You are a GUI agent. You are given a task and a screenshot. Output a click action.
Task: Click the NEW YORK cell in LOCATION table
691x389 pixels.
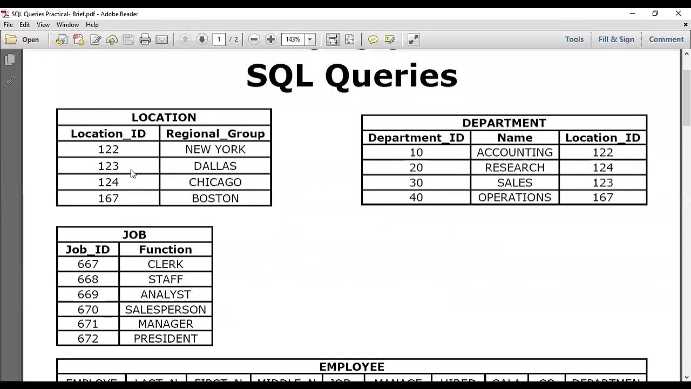pos(215,150)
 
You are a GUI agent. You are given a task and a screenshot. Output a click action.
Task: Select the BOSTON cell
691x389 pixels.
pos(215,198)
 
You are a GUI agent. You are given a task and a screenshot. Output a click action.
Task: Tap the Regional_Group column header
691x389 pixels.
pos(215,133)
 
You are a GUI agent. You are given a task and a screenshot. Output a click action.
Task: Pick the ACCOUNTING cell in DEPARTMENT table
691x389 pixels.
pos(514,152)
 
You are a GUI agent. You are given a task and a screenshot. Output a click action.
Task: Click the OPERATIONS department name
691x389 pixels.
pos(514,197)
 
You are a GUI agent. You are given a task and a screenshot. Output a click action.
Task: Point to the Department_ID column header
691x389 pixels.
pos(416,138)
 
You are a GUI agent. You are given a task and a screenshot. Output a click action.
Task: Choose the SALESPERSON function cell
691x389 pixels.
pos(165,310)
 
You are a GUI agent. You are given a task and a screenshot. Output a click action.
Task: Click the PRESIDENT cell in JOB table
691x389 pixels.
pos(165,339)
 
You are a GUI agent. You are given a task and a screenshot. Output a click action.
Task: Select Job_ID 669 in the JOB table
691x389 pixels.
pos(87,294)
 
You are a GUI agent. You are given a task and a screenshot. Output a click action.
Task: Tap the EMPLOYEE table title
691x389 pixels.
pos(351,367)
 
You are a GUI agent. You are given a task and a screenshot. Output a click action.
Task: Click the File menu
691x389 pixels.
pos(8,25)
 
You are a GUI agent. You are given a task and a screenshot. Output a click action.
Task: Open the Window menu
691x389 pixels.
pos(67,25)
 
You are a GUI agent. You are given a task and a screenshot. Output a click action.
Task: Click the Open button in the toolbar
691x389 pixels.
pos(22,39)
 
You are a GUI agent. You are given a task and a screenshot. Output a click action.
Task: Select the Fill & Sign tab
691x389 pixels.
pos(616,39)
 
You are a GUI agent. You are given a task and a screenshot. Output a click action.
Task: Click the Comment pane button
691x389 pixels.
pos(666,39)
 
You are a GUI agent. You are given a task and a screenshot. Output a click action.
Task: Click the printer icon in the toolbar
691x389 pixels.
pos(145,39)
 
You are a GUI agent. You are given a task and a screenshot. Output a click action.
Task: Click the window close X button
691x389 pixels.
pos(679,14)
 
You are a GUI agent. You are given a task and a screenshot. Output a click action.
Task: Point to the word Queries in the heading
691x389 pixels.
pos(391,76)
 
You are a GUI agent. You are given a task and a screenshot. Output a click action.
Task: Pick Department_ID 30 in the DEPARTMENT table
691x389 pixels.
pos(416,183)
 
